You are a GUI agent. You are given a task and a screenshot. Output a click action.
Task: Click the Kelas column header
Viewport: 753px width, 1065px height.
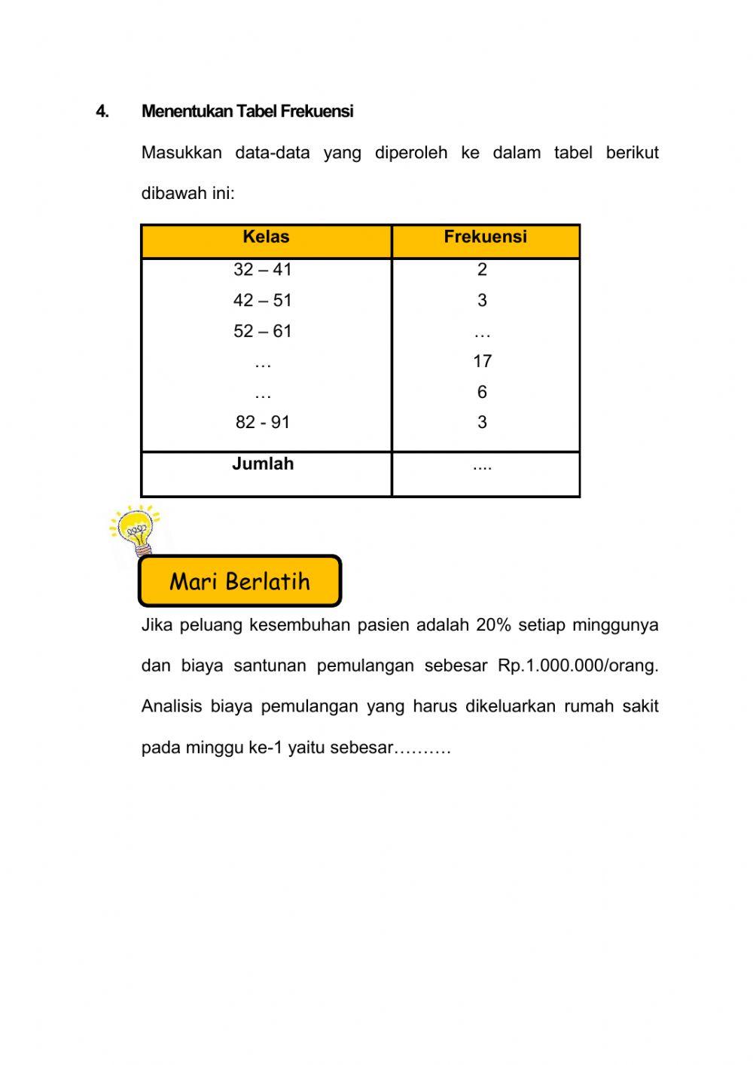point(266,237)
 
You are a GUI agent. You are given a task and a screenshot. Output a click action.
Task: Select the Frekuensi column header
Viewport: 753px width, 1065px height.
point(485,237)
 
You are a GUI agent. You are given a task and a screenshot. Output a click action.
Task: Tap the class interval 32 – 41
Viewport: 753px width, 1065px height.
point(262,270)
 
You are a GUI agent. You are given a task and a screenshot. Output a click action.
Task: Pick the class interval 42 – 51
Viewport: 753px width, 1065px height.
point(262,301)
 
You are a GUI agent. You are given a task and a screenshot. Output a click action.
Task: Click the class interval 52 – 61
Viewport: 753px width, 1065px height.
point(262,332)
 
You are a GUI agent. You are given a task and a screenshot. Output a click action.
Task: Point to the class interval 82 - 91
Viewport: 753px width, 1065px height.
point(262,423)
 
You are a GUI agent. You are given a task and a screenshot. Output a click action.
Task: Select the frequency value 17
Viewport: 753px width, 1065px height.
point(482,362)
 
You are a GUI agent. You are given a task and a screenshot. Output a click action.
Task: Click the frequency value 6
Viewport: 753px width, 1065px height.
point(482,393)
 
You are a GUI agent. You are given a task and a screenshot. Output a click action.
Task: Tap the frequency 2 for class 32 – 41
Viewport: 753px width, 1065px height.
point(482,270)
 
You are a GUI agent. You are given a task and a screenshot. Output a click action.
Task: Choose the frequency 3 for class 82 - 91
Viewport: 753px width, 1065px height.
point(482,423)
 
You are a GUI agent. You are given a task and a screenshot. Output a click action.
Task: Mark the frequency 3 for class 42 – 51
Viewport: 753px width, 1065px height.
point(482,301)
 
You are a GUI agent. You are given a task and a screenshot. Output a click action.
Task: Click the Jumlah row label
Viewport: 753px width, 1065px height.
point(263,464)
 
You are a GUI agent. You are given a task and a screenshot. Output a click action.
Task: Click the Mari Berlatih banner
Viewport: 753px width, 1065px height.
point(239,581)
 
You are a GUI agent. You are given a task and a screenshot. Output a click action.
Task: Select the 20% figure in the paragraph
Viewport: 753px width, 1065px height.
point(493,626)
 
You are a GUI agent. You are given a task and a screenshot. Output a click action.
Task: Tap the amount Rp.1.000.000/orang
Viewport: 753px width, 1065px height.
point(578,666)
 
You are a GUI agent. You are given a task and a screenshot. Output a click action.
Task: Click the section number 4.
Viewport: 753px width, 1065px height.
point(102,112)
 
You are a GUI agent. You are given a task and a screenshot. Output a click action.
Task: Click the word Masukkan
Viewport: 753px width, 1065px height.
point(181,153)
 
